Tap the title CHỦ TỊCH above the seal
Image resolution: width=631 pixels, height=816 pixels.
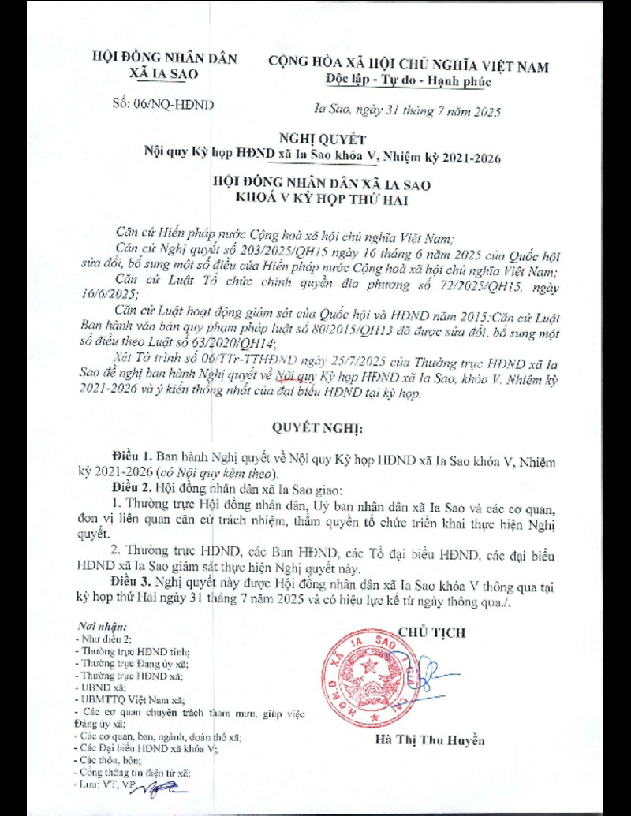(431, 632)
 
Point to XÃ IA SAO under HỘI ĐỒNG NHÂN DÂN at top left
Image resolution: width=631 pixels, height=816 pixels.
(163, 73)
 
